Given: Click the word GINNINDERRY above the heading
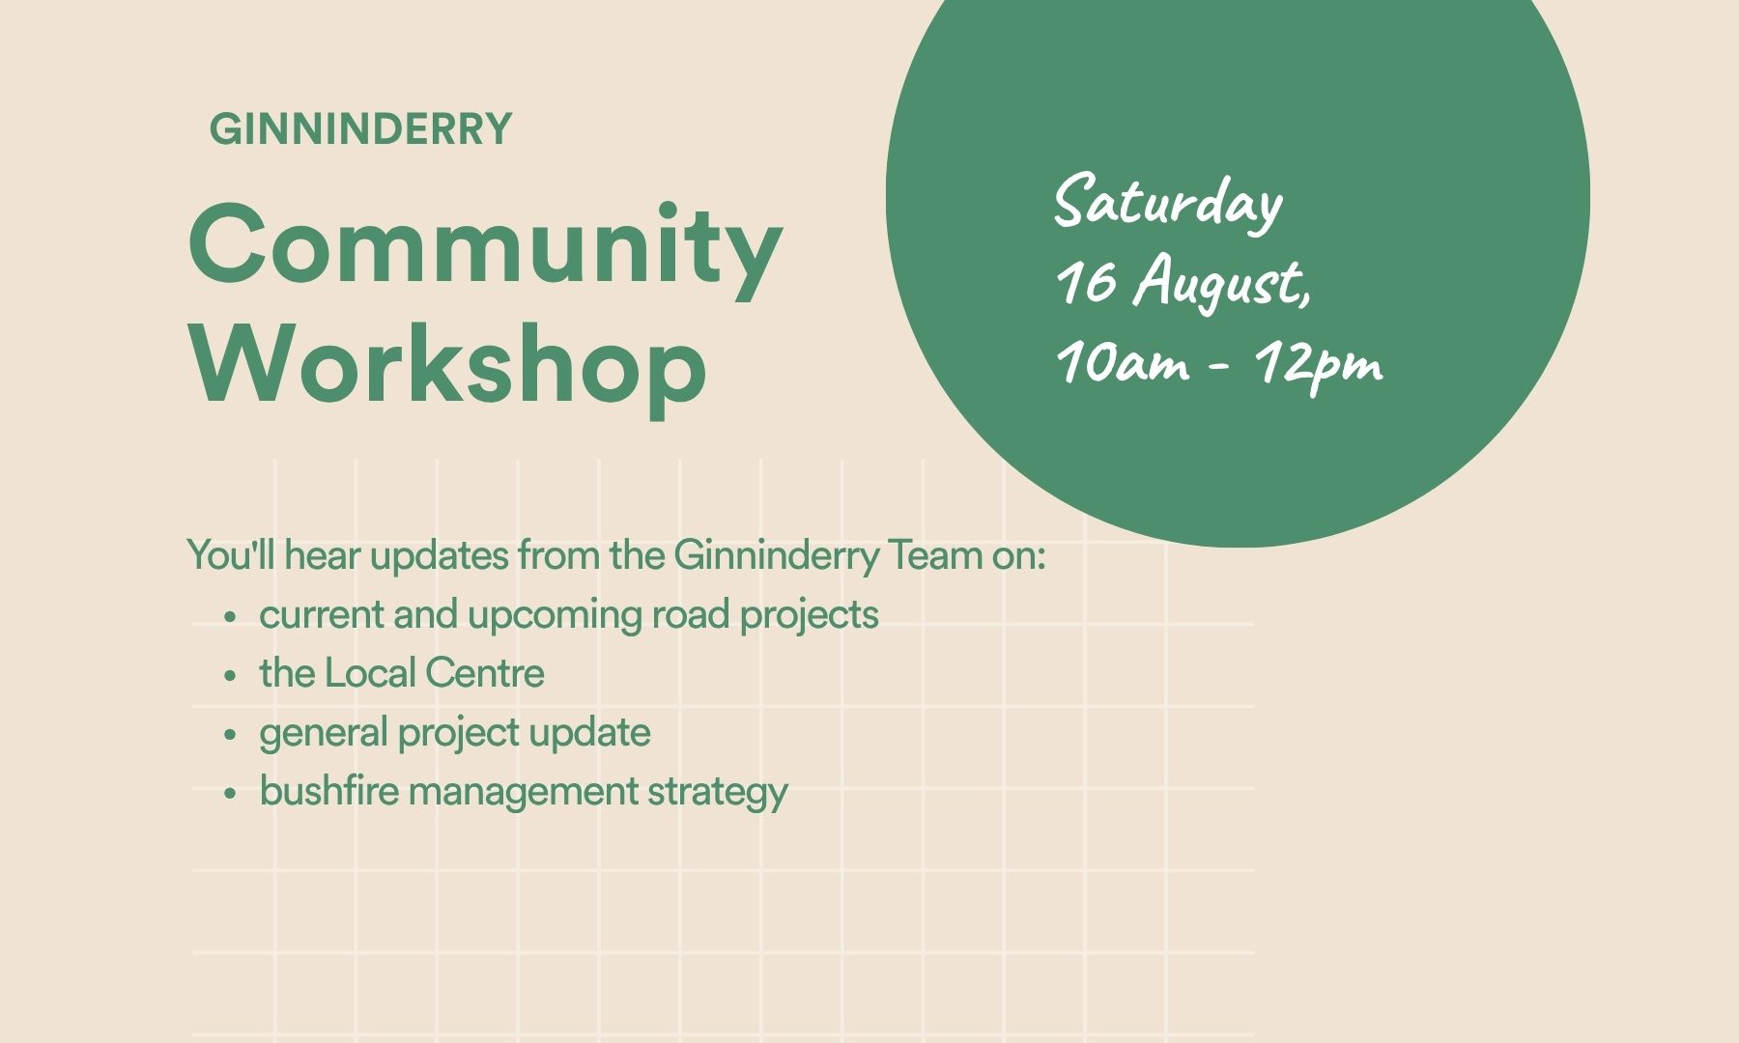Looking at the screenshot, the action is coord(360,129).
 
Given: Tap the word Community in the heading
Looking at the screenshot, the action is coord(485,248).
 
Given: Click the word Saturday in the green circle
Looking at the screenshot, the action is coord(1168,203).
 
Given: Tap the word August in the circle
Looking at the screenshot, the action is coord(1222,284).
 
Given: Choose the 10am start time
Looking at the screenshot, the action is coord(1123,362).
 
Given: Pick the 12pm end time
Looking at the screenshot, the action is coord(1319,365).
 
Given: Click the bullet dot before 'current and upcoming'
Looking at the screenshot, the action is coord(230,617).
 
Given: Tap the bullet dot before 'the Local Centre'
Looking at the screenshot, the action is coord(230,676).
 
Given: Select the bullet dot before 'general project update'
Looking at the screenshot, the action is coord(230,735).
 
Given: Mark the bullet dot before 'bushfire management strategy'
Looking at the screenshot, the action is coord(230,794).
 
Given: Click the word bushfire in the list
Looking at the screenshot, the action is coord(328,791).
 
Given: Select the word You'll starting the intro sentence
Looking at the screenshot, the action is coord(231,555).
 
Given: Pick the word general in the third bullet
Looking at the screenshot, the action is coord(323,735).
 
